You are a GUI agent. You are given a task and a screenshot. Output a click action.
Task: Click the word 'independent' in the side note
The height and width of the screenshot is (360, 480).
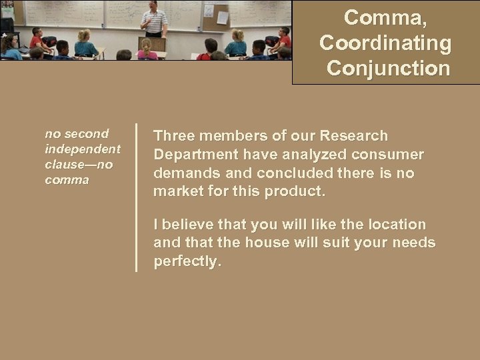(83, 148)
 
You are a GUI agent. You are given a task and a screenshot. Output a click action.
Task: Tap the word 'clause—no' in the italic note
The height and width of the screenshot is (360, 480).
(79, 164)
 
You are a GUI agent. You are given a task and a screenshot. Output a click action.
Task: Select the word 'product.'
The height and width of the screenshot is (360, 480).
(295, 192)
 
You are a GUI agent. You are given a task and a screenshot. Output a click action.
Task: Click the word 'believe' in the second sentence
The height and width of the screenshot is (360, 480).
(191, 225)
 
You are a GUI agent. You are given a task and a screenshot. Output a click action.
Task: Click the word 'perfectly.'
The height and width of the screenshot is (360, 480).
(187, 262)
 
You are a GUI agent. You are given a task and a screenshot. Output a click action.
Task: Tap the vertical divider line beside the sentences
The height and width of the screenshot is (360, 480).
(137, 197)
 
